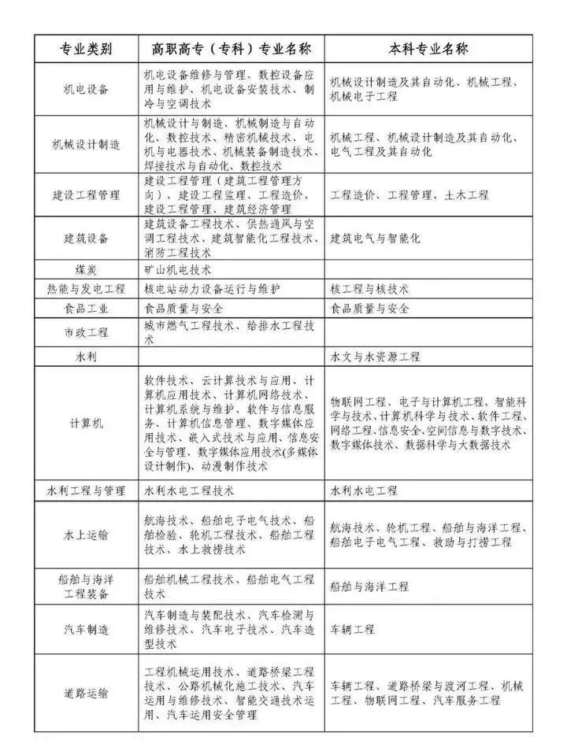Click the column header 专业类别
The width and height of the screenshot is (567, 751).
86,49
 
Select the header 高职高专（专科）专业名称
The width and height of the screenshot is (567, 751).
231,49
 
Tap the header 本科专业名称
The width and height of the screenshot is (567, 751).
428,49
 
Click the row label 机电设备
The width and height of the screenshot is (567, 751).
86,89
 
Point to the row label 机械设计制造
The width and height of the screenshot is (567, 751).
86,145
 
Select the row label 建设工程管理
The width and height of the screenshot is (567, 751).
86,194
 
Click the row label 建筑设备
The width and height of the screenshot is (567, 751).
86,238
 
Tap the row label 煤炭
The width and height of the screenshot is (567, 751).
86,269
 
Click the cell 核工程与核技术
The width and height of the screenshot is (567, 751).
369,289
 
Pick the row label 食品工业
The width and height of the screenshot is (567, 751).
86,309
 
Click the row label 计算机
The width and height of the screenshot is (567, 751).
86,423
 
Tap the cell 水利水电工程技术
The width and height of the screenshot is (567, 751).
189,490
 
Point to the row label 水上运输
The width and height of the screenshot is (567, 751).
86,535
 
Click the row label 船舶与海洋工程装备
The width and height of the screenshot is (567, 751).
86,586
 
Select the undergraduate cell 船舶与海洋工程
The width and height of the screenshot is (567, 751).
369,586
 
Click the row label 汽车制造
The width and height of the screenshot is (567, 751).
86,630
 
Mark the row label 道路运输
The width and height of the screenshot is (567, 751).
86,694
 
